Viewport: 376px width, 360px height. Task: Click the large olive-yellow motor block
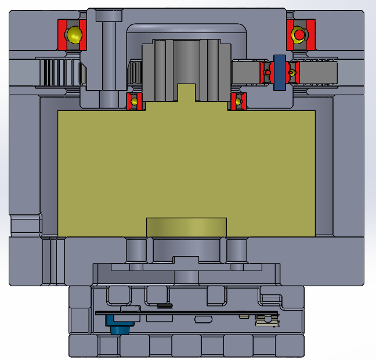click(x=186, y=168)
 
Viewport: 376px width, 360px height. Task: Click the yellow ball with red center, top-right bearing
click(x=298, y=35)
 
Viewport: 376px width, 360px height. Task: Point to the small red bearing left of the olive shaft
click(x=135, y=101)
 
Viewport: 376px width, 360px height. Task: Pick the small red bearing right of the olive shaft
click(x=238, y=102)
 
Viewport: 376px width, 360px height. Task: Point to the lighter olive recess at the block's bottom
click(x=186, y=227)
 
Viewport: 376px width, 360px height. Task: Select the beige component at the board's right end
click(x=265, y=319)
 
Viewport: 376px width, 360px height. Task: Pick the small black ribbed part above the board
click(x=165, y=305)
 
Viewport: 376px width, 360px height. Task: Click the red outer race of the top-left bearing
click(x=62, y=34)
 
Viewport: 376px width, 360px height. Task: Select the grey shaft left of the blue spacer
click(x=247, y=73)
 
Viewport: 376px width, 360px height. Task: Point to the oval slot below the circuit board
click(x=203, y=319)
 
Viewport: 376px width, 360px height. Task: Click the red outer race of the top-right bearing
click(x=311, y=35)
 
